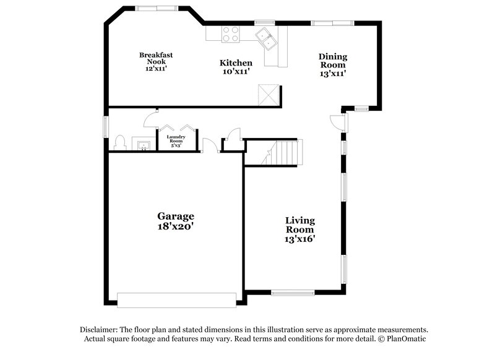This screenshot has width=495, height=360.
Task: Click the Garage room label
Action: pyautogui.click(x=175, y=216)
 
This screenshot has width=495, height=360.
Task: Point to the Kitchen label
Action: pyautogui.click(x=236, y=62)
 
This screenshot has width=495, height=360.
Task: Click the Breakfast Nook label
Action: pyautogui.click(x=156, y=58)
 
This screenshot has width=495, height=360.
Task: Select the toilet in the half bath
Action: pyautogui.click(x=120, y=143)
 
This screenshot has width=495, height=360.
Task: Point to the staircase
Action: pyautogui.click(x=286, y=152)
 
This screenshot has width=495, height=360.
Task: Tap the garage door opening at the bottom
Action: pyautogui.click(x=176, y=300)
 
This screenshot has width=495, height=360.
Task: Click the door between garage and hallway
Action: pyautogui.click(x=209, y=144)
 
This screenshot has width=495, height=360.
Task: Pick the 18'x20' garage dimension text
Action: pyautogui.click(x=175, y=226)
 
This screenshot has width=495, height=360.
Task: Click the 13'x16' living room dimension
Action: pyautogui.click(x=300, y=239)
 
